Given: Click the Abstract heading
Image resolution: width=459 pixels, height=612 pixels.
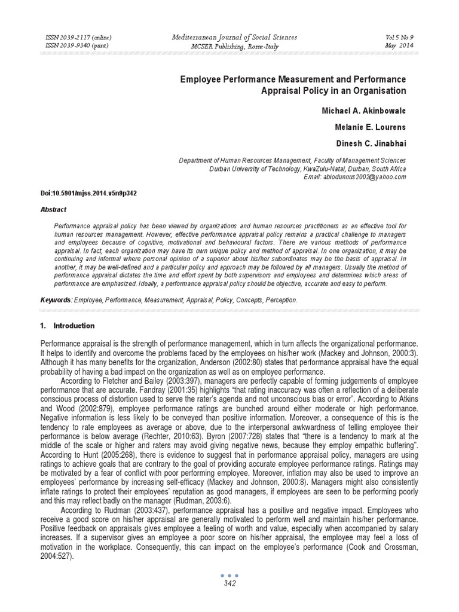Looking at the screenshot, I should click(x=53, y=210).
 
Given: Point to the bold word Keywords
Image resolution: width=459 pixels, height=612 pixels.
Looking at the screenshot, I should click(x=56, y=299).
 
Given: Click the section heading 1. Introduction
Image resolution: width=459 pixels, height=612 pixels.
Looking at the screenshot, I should click(x=67, y=326).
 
